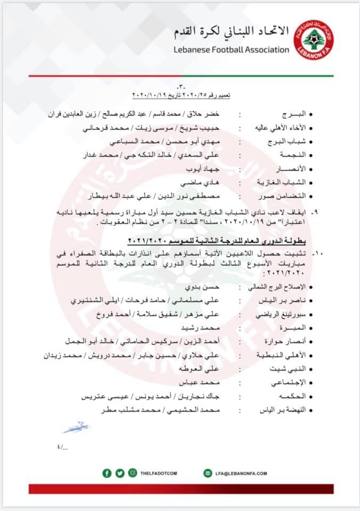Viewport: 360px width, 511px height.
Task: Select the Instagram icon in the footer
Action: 132,472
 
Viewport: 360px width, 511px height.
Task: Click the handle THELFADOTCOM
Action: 162,473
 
